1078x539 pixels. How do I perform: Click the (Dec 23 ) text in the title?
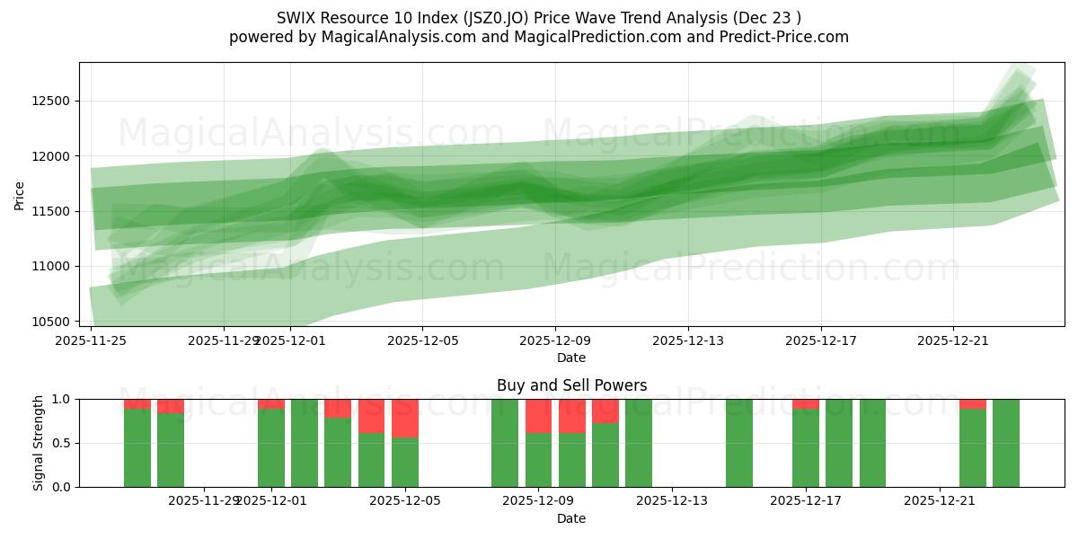768,17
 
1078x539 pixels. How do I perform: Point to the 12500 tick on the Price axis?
51,101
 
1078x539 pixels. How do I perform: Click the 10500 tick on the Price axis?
51,322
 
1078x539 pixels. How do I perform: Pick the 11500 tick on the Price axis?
51,211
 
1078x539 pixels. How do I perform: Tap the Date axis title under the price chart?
571,358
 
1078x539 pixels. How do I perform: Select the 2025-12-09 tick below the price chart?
555,340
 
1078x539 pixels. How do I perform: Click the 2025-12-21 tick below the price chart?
953,340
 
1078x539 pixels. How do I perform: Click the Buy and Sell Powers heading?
571,385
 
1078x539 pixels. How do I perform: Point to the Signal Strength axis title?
38,443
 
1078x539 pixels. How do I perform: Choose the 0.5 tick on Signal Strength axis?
60,443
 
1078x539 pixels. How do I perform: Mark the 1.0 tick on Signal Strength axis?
60,399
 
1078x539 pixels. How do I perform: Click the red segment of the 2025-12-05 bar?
405,418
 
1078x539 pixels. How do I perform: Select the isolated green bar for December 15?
739,443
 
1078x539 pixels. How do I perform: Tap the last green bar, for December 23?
1006,443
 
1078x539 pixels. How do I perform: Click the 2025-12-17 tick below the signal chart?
806,500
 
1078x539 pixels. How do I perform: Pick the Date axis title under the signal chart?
571,518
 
